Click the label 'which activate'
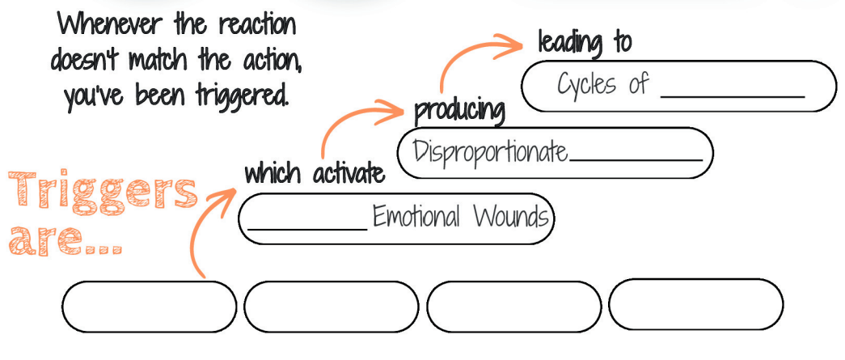315,174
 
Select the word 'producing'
459,112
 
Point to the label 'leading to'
585,42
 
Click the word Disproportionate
490,152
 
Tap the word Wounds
511,217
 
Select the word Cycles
585,85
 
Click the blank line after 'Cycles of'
733,96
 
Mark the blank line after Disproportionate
636,160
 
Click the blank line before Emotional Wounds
307,229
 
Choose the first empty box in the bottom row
149,307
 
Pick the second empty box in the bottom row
331,307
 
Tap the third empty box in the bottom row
513,307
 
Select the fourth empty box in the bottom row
695,304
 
